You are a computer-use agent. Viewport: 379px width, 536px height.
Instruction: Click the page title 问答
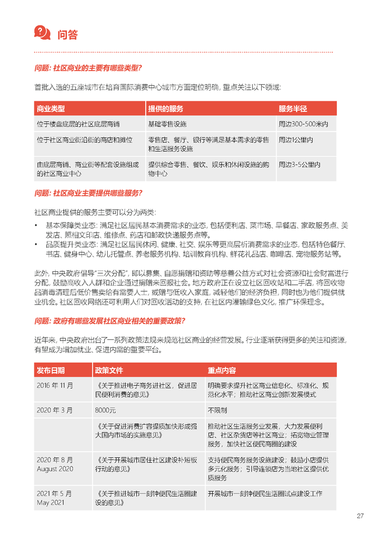coord(68,34)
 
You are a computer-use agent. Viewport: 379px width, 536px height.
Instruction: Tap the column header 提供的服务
coord(165,109)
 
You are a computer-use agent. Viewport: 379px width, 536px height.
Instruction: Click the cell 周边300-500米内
coord(303,124)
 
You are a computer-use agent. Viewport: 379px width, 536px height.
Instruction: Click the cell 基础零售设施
coord(167,124)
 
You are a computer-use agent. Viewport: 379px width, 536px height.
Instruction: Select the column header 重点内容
coord(221,371)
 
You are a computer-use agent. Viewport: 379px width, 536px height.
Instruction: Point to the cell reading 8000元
coord(105,409)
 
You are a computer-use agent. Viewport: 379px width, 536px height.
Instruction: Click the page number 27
coord(359,515)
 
